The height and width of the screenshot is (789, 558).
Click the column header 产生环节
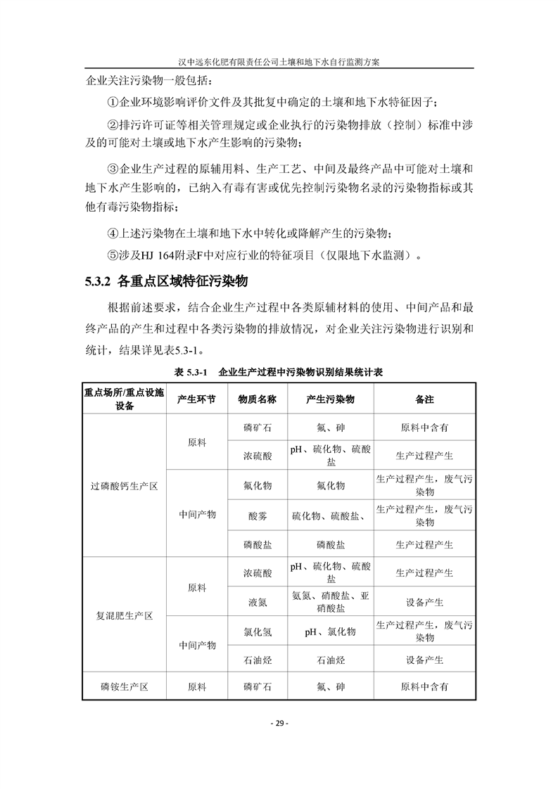point(197,399)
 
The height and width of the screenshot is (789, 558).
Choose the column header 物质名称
point(257,399)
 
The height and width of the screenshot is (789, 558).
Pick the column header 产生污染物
point(330,399)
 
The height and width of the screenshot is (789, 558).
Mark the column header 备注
point(424,399)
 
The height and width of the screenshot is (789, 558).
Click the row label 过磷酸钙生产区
point(124,486)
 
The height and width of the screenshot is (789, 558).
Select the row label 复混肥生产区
point(124,615)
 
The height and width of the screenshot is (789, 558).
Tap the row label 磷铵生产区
point(124,686)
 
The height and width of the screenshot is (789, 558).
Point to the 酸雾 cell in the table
point(257,515)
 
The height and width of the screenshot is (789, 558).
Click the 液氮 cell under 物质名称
point(257,602)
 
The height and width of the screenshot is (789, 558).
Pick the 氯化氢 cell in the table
point(257,631)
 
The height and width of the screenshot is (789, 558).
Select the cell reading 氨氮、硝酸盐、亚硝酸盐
point(330,602)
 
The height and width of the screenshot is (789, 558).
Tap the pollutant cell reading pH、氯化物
point(330,631)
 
